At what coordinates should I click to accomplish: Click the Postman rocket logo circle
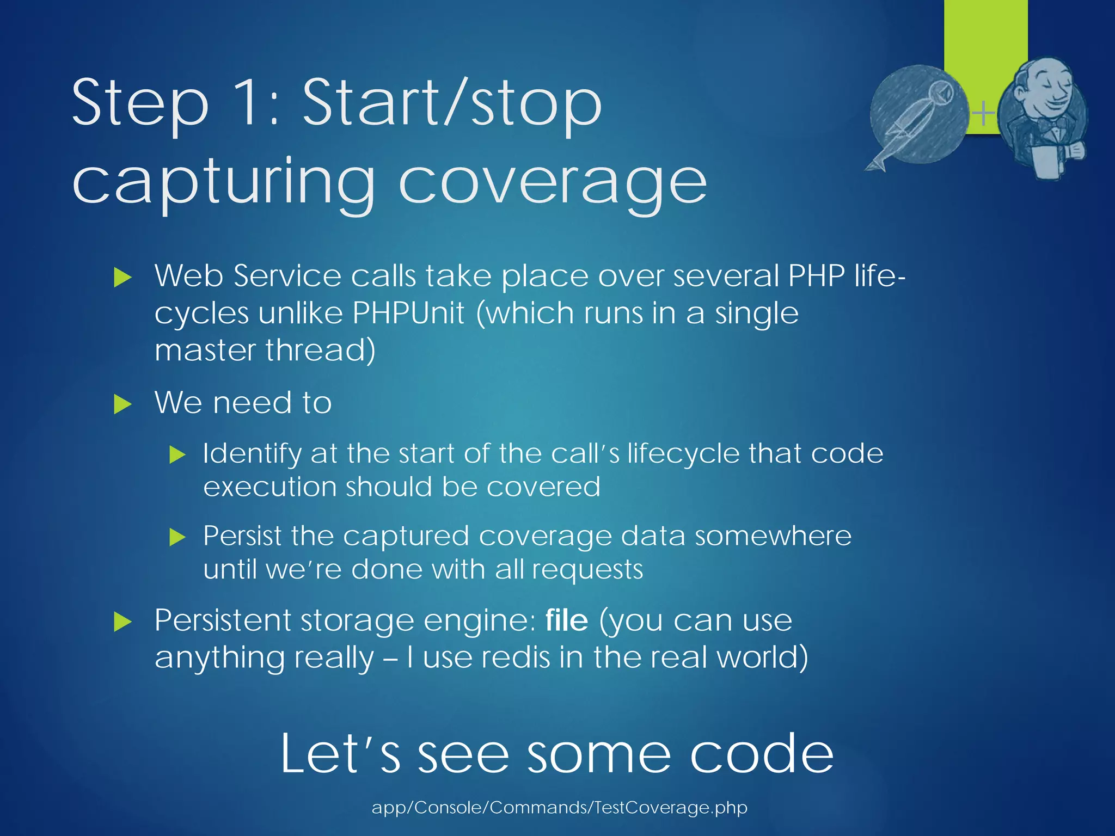click(x=919, y=114)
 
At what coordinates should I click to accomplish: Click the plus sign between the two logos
click(x=983, y=114)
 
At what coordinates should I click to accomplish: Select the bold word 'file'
click(x=567, y=620)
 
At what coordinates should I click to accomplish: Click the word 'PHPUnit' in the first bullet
click(x=408, y=313)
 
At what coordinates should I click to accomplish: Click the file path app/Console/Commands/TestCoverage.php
click(x=559, y=807)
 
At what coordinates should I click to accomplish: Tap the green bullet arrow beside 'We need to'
click(x=123, y=404)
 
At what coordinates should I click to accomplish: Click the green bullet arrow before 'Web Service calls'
click(x=123, y=278)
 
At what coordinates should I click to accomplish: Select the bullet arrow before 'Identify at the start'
click(x=177, y=454)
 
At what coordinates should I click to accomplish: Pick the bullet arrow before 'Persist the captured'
click(x=177, y=537)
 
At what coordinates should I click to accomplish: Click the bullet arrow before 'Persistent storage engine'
click(x=123, y=622)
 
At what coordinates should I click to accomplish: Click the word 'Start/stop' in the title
click(x=452, y=103)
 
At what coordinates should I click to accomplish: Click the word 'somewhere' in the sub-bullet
click(x=773, y=536)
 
